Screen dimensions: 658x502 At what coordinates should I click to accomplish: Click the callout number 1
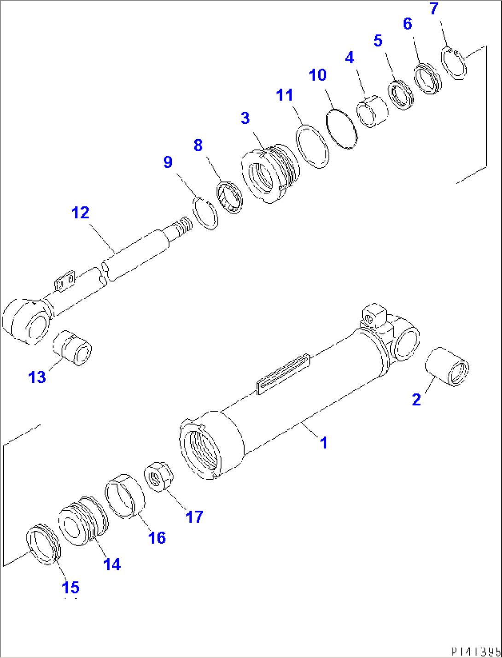coord(324,443)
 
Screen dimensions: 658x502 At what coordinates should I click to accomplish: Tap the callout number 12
coord(80,213)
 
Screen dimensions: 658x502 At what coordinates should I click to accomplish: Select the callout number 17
coord(194,517)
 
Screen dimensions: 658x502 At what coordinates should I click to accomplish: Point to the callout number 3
coord(245,118)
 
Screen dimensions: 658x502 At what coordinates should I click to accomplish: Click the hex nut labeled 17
coord(159,478)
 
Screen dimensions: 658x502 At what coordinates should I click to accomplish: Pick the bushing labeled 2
coord(447,367)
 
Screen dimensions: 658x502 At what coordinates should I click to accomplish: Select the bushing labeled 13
coord(73,347)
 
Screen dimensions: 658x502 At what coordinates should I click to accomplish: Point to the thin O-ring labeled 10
coord(341,129)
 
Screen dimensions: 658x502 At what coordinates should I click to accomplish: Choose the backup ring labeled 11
coord(312,147)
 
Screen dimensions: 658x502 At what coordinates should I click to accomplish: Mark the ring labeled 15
coord(43,544)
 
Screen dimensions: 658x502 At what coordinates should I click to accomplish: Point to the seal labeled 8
coord(230,198)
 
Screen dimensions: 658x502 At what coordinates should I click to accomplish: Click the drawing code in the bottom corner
coord(475,652)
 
